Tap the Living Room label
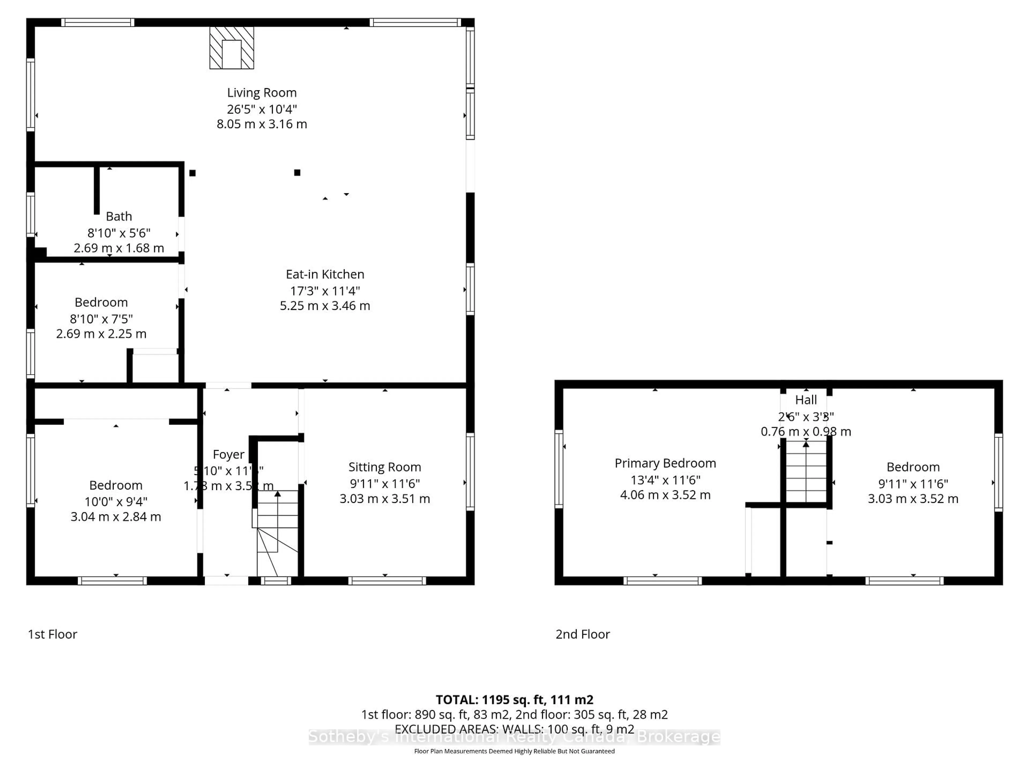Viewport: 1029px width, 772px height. [262, 92]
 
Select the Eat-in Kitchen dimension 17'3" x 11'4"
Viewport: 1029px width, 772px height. [325, 291]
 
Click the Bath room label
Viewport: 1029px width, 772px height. [119, 216]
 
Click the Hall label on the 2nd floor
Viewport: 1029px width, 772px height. [806, 400]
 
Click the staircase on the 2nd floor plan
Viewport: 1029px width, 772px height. [806, 472]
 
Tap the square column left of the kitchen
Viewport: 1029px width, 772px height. [192, 173]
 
